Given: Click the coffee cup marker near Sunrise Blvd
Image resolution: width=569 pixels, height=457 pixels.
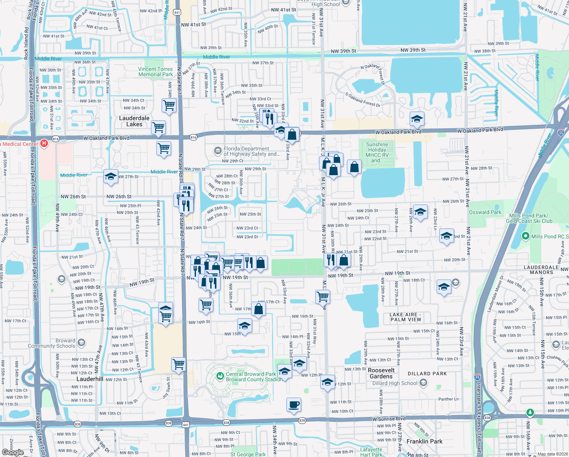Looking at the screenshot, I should click(x=294, y=405).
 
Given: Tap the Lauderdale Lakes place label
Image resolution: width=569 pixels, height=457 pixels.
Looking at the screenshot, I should click(x=134, y=121).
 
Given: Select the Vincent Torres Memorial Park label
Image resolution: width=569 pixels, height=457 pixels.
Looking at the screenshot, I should click(x=155, y=72).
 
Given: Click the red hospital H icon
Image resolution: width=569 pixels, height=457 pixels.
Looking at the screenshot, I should click(x=44, y=144).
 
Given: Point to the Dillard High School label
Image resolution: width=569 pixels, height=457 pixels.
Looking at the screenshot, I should click(x=395, y=383).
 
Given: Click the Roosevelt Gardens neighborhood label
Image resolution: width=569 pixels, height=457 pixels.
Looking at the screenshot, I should click(x=381, y=373).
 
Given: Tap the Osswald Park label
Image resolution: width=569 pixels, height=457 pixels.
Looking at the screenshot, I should click(x=485, y=212).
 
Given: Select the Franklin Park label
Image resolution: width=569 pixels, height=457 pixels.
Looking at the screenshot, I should click(x=424, y=441).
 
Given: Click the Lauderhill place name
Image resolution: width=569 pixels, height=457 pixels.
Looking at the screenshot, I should click(x=90, y=379).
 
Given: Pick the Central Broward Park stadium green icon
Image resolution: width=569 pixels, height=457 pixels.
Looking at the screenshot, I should click(x=220, y=376).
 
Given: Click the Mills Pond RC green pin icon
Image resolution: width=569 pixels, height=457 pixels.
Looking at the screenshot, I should click(x=525, y=236).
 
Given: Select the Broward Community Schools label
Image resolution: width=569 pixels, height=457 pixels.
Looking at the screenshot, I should click(x=52, y=343).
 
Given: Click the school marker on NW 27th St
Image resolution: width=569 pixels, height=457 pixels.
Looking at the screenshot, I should click(x=111, y=176).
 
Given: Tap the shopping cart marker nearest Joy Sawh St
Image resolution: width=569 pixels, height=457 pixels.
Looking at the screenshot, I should click(x=178, y=364).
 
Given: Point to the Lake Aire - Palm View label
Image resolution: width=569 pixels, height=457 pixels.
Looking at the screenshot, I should click(x=405, y=317).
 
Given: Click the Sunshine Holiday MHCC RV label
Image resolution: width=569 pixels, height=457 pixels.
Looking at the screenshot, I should click(x=377, y=152).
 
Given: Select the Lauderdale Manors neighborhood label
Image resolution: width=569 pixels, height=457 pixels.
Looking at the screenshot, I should click(x=541, y=270).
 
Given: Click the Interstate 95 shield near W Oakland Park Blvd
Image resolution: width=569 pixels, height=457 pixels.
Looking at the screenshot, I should click(x=561, y=133).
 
